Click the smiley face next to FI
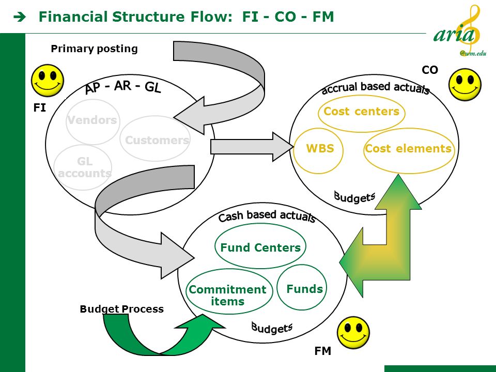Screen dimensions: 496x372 pyautogui.click(x=48, y=81)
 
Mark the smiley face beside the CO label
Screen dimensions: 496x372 pyautogui.click(x=464, y=84)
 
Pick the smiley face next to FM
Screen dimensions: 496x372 pyautogui.click(x=353, y=332)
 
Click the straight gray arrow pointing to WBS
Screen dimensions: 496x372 pyautogui.click(x=252, y=147)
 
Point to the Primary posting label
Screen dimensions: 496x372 pyautogui.click(x=94, y=49)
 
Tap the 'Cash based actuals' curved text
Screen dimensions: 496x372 pyautogui.click(x=267, y=216)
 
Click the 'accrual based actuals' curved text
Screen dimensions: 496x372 pyautogui.click(x=376, y=88)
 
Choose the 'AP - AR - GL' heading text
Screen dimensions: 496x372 pyautogui.click(x=123, y=87)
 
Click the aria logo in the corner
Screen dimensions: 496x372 pyautogui.click(x=460, y=31)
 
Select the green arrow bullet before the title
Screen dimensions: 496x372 pyautogui.click(x=20, y=17)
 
